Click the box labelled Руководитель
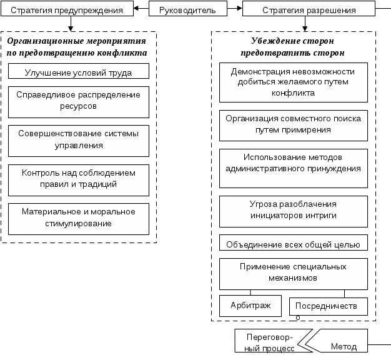[187, 10]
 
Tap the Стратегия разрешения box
[309, 10]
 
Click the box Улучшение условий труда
[78, 72]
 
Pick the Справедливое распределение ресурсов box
[78, 102]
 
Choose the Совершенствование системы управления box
[78, 140]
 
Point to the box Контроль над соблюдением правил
[78, 179]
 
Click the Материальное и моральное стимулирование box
[78, 218]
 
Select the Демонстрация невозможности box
[293, 82]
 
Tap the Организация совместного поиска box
[293, 125]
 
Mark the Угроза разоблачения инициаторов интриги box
[293, 210]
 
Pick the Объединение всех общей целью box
[293, 243]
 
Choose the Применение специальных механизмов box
[293, 272]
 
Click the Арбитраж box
[250, 306]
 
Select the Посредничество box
[327, 306]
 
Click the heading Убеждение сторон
[294, 47]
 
